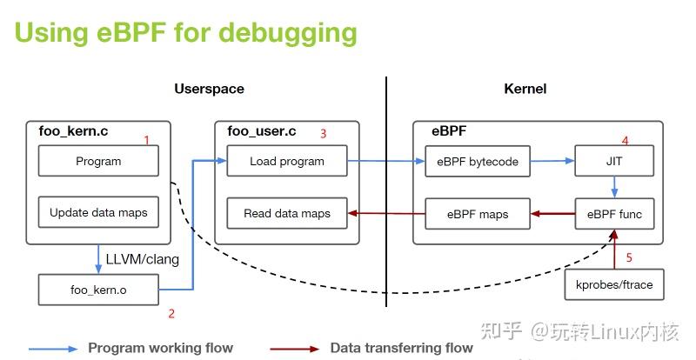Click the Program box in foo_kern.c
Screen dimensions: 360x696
pyautogui.click(x=98, y=161)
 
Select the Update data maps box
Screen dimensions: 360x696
pyautogui.click(x=98, y=212)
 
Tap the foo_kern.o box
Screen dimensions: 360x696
pyautogui.click(x=98, y=290)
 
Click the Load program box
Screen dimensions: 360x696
pyautogui.click(x=286, y=161)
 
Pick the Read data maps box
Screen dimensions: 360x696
pyautogui.click(x=286, y=213)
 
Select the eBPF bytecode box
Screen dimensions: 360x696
pyautogui.click(x=477, y=161)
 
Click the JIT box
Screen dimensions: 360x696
pyautogui.click(x=614, y=161)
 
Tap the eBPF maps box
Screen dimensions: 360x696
pyautogui.click(x=477, y=213)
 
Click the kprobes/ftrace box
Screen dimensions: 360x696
pyautogui.click(x=614, y=284)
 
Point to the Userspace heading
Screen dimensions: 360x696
pyautogui.click(x=209, y=89)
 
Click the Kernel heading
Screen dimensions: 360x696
pyautogui.click(x=525, y=89)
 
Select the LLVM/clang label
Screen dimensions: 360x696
pyautogui.click(x=142, y=258)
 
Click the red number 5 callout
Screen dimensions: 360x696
pyautogui.click(x=630, y=257)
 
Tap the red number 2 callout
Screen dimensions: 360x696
pyautogui.click(x=171, y=313)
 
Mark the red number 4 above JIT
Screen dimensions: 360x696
pyautogui.click(x=624, y=140)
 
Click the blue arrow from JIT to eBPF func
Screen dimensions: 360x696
pyautogui.click(x=615, y=187)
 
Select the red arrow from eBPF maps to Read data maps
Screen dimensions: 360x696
pyautogui.click(x=385, y=213)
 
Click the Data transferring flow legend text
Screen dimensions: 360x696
pyautogui.click(x=401, y=348)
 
